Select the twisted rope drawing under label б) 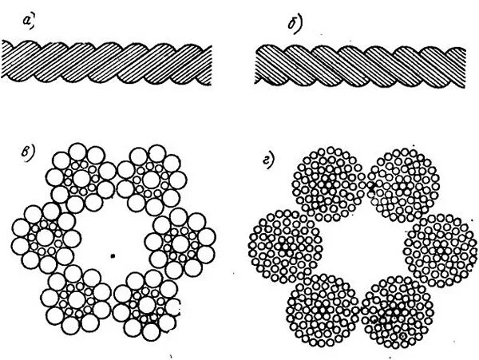358,65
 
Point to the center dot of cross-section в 114,256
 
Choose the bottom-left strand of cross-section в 77,293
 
